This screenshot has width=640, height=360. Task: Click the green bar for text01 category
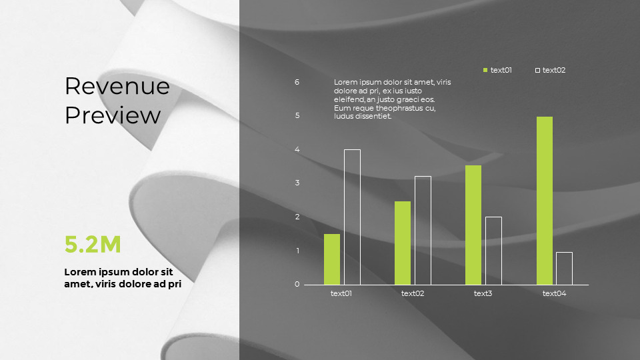[x=332, y=259]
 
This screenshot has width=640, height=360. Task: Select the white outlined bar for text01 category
[x=352, y=217]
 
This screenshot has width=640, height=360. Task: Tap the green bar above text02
[x=403, y=243]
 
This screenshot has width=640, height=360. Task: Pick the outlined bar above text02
[x=423, y=231]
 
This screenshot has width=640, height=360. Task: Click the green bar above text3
[x=473, y=225]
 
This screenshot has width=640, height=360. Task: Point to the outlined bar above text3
[x=493, y=251]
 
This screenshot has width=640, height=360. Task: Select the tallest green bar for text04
[x=545, y=201]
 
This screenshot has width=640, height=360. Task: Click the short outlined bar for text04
[x=564, y=268]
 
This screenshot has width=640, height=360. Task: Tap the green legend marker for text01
[x=485, y=70]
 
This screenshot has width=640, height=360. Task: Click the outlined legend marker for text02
[x=537, y=70]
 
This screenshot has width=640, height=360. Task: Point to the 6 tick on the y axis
[x=297, y=82]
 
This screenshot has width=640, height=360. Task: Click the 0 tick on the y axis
[x=297, y=285]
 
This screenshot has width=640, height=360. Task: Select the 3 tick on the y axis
[x=297, y=183]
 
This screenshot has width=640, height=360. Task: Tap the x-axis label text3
[x=483, y=293]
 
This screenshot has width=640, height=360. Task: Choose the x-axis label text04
[x=554, y=293]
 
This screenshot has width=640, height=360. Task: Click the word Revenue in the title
[x=117, y=86]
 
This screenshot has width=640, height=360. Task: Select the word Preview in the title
[x=113, y=115]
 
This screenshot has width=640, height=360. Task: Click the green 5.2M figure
[x=93, y=245]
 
